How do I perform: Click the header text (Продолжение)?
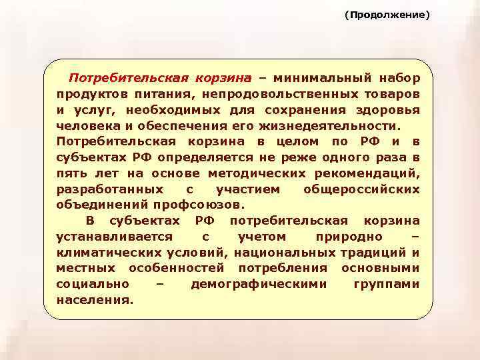coord(387,14)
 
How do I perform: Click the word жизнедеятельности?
coord(343,125)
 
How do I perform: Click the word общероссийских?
coord(361,189)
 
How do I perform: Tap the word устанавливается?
coord(115,237)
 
